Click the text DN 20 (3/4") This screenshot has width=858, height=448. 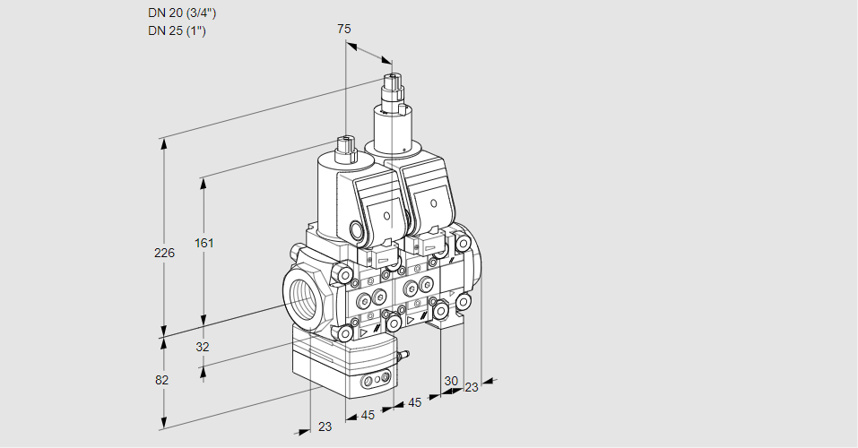pos(182,13)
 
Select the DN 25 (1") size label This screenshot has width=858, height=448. pos(178,31)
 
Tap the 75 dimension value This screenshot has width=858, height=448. pos(344,29)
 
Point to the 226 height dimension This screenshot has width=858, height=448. pos(164,254)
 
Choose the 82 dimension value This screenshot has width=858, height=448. pos(162,380)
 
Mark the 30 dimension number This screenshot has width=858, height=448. pos(451,381)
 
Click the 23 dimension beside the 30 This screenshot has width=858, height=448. pos(471,387)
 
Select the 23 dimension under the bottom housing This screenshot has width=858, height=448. pos(325,426)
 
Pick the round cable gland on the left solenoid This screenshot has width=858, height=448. pos(361,232)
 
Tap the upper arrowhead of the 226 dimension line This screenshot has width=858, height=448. pos(163,143)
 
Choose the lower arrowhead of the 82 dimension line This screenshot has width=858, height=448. pos(163,421)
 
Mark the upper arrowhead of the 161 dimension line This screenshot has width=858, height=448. pos(204,183)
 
